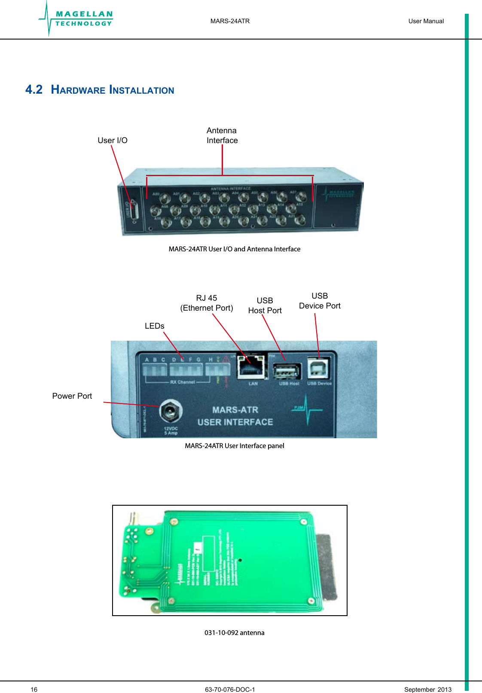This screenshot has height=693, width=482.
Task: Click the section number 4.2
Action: pos(34,89)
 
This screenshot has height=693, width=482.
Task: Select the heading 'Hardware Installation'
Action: pos(112,90)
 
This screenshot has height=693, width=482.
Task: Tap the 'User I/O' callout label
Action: pos(113,140)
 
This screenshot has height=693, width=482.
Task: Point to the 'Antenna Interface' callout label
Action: pos(222,135)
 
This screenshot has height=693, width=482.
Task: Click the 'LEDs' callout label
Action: pos(154,326)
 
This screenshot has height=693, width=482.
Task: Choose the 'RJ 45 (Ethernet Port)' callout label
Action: pos(207,303)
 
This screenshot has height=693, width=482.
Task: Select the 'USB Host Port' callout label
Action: pos(265,305)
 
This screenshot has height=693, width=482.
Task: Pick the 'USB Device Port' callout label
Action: pos(320,301)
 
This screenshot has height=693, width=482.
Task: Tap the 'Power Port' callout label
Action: pos(72,396)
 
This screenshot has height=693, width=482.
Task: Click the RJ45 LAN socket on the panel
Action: pos(251,367)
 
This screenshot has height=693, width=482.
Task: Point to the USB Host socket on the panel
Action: pos(287,371)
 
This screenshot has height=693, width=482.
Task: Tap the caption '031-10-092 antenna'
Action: pos(234,633)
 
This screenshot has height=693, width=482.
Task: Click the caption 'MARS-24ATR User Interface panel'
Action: pos(234,446)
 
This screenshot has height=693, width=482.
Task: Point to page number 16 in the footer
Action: pos(34,690)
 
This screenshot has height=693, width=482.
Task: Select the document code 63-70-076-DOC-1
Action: pos(230,690)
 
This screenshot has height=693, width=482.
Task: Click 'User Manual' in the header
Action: pos(426,21)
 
